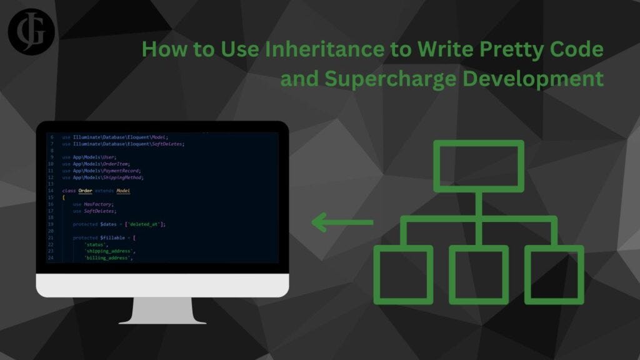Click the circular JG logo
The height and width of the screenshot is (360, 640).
32,32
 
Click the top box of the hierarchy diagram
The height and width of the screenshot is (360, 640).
478,166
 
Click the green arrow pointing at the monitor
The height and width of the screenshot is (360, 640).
342,222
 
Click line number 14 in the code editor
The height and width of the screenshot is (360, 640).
51,190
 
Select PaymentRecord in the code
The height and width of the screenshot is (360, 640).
124,170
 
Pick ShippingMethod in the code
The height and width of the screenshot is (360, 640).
126,177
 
